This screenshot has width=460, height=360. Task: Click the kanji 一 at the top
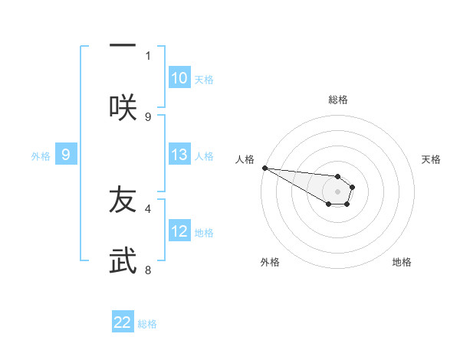click(x=123, y=44)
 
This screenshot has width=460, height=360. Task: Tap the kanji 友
click(x=123, y=199)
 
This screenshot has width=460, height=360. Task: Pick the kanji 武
click(x=123, y=260)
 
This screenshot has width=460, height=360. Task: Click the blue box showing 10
click(x=179, y=78)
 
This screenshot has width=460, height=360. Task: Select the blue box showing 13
click(x=179, y=155)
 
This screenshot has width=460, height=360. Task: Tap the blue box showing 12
click(x=179, y=231)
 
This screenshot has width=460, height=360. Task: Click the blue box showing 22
click(x=123, y=322)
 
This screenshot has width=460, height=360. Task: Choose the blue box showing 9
click(x=66, y=155)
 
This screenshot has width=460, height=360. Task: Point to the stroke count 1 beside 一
click(x=148, y=55)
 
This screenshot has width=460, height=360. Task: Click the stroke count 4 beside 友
click(x=148, y=208)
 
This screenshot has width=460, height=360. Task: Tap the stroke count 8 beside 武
click(x=148, y=270)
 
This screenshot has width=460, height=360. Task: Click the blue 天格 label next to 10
click(x=204, y=80)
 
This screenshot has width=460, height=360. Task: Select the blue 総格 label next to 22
click(x=147, y=324)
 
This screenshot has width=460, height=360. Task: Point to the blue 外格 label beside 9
click(x=41, y=156)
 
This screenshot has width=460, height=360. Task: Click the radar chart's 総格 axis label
click(x=338, y=100)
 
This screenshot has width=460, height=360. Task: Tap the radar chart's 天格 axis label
click(x=432, y=159)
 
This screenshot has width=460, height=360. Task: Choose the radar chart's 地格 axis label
click(x=402, y=262)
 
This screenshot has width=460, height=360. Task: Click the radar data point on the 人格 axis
click(x=264, y=168)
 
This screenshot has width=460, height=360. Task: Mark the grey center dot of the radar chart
click(x=337, y=191)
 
